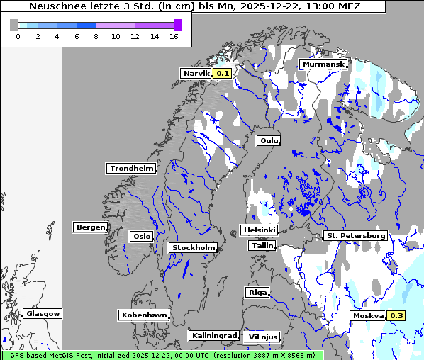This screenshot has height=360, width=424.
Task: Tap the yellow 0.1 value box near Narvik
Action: pos(223,73)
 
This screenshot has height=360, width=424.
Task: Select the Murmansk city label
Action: pos(323,64)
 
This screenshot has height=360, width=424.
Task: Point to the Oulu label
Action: pos(268,140)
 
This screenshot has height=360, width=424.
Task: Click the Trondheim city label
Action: pos(131,168)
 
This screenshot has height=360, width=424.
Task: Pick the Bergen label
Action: pos(89,227)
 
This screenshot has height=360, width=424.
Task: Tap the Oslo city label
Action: pos(141,236)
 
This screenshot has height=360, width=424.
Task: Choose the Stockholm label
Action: pos(193,247)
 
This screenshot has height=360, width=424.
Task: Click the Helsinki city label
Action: pos(259,230)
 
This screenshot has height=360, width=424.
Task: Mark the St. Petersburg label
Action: pos(355,235)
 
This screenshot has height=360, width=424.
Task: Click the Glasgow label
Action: pos(43,313)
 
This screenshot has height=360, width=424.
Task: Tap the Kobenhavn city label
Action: pos(144,315)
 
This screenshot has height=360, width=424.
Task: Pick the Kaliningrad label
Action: pos(213,335)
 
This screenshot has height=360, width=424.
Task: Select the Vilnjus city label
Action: pos(262,337)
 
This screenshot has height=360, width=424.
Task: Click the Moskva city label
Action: pos(368,315)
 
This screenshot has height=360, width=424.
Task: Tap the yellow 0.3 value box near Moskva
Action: pos(396,315)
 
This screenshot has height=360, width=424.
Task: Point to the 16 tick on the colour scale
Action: pos(174,36)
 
